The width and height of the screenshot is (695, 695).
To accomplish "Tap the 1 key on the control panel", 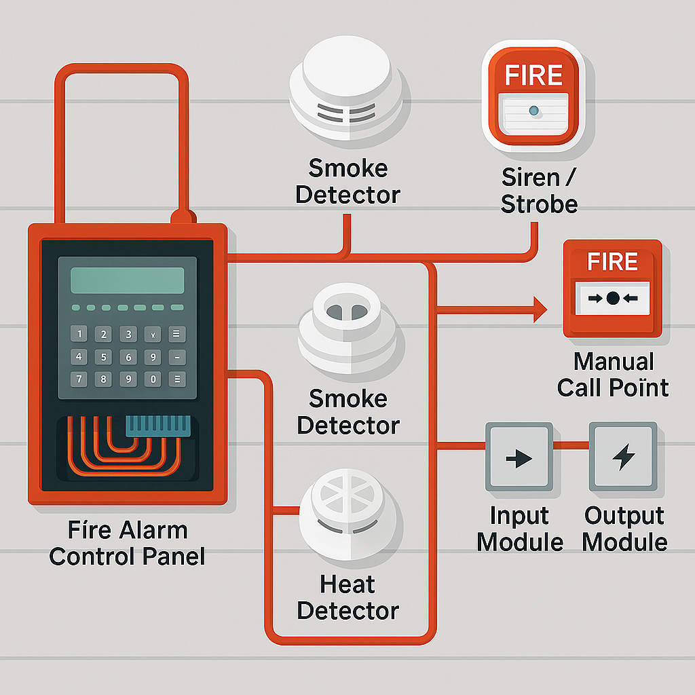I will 80,334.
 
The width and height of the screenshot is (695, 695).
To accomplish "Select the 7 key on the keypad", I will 80,379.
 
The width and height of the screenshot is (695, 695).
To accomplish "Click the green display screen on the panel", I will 127,280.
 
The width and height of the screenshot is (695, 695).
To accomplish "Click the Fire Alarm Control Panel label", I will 127,543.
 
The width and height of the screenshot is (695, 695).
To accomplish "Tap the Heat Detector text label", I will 347,597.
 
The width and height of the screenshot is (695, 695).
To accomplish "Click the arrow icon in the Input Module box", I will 519,458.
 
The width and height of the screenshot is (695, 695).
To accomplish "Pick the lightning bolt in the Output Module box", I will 622,457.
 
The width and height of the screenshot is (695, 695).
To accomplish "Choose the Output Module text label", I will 624,529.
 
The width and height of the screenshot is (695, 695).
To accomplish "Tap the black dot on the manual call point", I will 613,297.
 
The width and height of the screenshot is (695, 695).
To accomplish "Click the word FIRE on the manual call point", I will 612,262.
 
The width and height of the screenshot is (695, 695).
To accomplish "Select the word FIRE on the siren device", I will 534,75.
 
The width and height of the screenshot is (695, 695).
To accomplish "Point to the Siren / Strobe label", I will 540,191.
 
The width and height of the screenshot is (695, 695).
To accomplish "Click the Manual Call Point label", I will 613,374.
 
